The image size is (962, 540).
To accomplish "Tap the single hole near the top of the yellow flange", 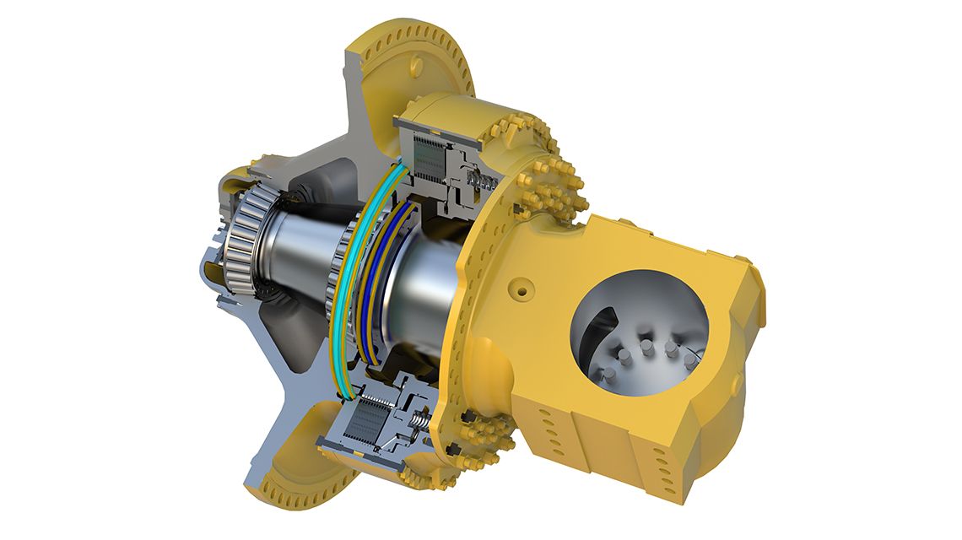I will pos(413,62).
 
